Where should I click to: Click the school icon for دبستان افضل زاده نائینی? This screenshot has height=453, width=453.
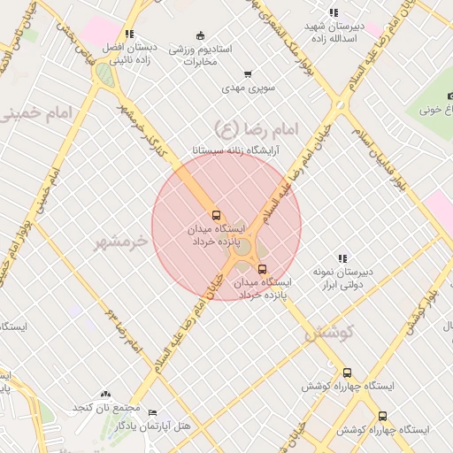(x=129, y=34)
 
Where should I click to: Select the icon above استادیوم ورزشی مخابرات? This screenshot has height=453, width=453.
(x=201, y=35)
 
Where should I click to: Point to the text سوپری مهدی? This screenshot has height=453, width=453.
(x=250, y=88)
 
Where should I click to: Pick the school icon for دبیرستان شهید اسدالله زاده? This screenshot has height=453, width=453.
(x=333, y=12)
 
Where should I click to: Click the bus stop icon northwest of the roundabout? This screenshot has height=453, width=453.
(x=216, y=215)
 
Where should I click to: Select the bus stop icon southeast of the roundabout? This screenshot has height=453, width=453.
(x=261, y=269)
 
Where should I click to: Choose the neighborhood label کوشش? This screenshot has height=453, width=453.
(x=329, y=334)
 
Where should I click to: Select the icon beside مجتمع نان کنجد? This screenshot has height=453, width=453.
(x=107, y=394)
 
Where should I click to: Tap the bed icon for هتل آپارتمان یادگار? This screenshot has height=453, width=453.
(x=152, y=413)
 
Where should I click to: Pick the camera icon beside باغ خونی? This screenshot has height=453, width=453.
(x=449, y=96)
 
